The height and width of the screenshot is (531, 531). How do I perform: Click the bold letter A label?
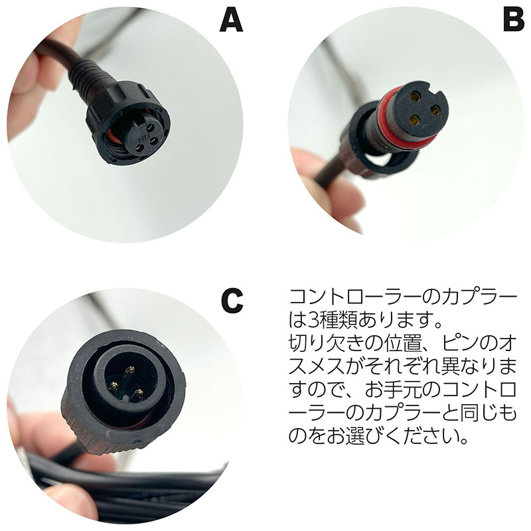click(231, 20)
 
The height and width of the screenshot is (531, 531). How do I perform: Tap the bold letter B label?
click(514, 20)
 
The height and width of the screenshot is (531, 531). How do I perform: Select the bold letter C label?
click(232, 301)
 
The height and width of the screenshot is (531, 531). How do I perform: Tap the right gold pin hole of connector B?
click(435, 110)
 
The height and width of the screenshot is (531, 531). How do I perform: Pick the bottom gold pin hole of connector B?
click(413, 119)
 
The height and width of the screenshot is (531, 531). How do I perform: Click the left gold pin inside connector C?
click(114, 386)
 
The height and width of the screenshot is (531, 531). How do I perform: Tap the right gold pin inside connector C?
click(138, 394)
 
